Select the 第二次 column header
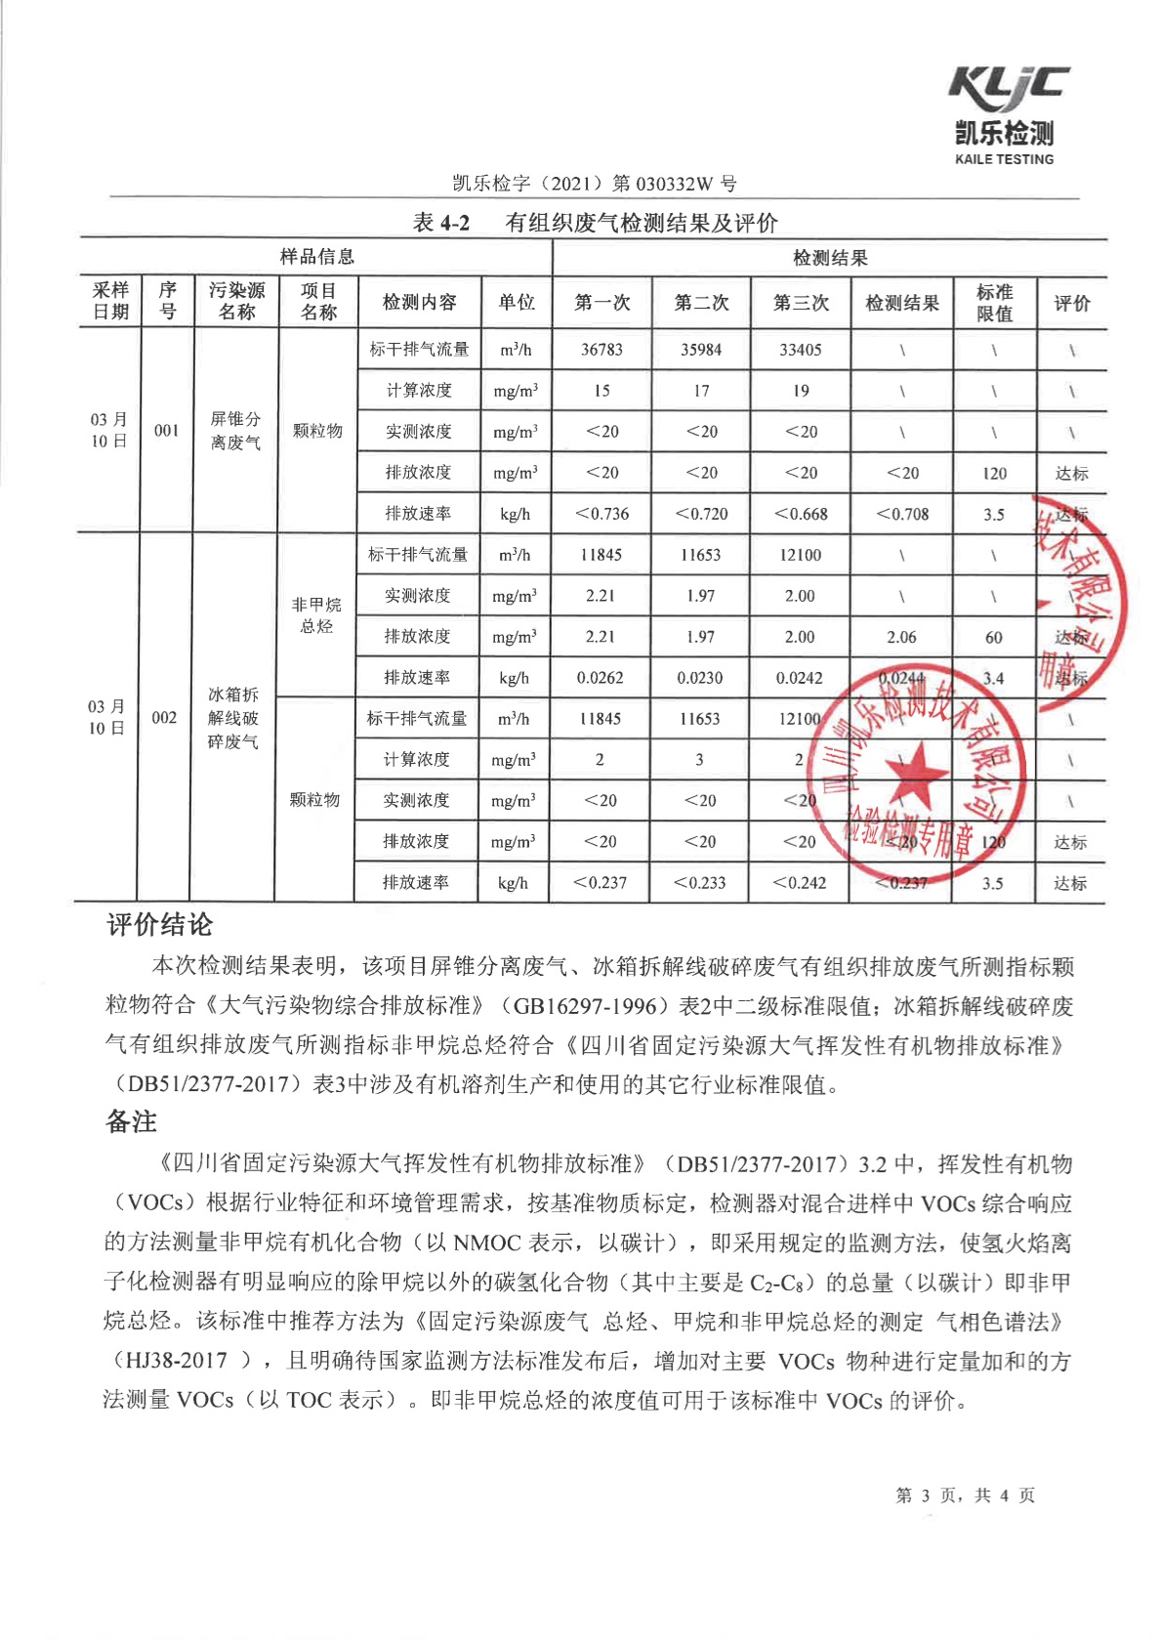(x=701, y=303)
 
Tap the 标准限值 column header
(x=994, y=303)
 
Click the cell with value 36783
(x=602, y=350)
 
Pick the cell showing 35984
(x=701, y=350)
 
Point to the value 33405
(x=801, y=350)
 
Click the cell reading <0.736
(x=602, y=514)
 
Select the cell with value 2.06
(x=901, y=637)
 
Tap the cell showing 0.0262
(x=601, y=678)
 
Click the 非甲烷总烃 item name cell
(x=316, y=615)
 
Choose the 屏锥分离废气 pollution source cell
(x=235, y=431)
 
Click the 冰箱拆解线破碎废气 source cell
(x=232, y=718)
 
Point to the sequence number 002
(x=164, y=718)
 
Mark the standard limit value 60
(x=993, y=638)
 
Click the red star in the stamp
(x=914, y=774)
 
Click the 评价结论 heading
(x=159, y=925)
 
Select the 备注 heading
(x=131, y=1121)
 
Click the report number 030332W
(x=675, y=184)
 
